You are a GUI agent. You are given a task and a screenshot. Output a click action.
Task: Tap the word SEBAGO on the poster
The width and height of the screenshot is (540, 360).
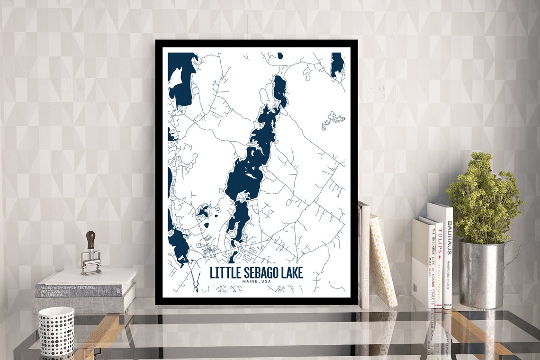click(x=259, y=273)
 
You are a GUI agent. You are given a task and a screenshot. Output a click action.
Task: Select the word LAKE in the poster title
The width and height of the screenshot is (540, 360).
click(x=291, y=273)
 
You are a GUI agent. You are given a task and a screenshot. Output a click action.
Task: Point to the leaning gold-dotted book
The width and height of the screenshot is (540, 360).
click(x=383, y=261)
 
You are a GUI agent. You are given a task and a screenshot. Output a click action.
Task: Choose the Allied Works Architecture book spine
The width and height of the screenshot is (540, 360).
click(x=71, y=290)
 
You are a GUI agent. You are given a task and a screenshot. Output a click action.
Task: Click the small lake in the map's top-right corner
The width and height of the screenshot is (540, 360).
click(x=337, y=64)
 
